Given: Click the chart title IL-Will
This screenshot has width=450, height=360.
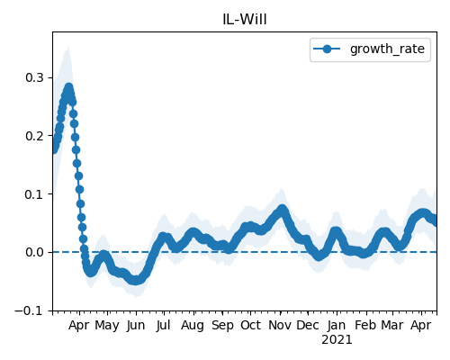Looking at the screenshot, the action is [x=245, y=20].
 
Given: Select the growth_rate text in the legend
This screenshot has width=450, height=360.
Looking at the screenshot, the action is [x=387, y=49].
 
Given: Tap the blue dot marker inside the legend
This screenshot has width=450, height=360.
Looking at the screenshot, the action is [x=327, y=49].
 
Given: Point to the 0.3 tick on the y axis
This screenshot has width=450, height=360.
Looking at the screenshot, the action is [x=34, y=77].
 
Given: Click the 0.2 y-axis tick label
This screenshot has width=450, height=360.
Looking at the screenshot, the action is [x=34, y=136].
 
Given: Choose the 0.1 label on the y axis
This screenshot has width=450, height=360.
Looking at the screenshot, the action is [x=34, y=194].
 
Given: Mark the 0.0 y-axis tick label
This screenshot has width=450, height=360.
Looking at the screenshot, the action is [x=34, y=252].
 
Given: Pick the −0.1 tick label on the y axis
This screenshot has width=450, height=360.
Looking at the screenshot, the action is [x=29, y=310].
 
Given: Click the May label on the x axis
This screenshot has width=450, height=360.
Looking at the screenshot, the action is [x=107, y=325].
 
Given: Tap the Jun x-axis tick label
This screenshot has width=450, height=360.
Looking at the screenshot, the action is [x=136, y=326].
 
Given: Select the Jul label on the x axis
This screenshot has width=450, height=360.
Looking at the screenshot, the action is [x=163, y=326].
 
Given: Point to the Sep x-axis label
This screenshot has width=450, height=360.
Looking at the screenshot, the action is [x=222, y=326].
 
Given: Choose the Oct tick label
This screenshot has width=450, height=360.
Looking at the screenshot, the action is [x=250, y=325].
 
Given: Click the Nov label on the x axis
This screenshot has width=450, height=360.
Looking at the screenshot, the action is [x=280, y=325].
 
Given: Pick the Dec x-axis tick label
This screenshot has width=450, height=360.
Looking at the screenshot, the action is [x=308, y=325].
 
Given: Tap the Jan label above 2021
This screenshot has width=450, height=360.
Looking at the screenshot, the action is [x=337, y=326].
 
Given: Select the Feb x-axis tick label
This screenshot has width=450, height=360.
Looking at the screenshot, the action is [x=365, y=325].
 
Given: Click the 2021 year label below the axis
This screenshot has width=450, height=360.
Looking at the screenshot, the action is [x=337, y=340].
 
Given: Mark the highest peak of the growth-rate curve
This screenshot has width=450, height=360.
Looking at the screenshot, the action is [x=69, y=88].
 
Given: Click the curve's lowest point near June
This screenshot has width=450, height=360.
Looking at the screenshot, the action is [x=136, y=280].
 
